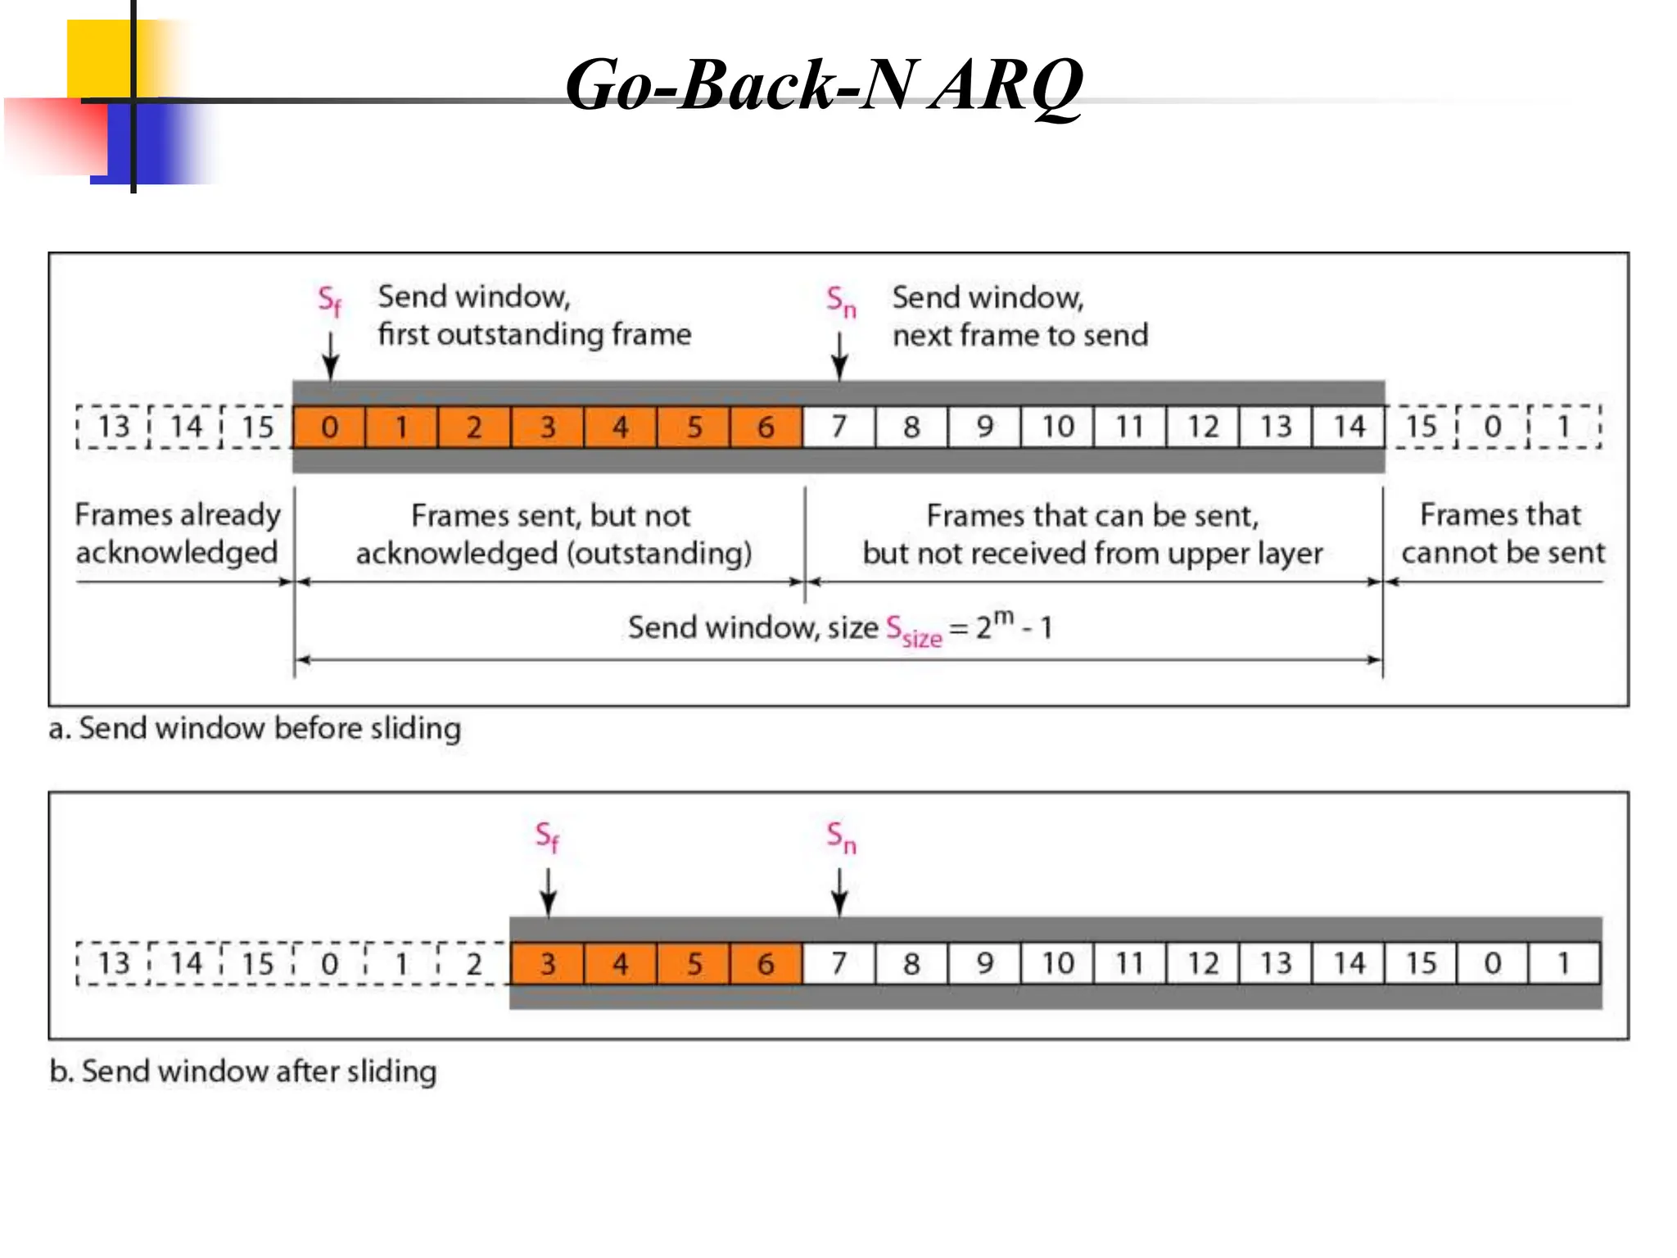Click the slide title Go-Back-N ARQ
[824, 85]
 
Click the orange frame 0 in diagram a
[329, 427]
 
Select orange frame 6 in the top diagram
[766, 427]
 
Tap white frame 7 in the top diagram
[838, 427]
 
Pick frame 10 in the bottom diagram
[1057, 963]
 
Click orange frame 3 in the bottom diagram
[547, 963]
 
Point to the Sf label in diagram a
[329, 301]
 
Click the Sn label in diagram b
[841, 837]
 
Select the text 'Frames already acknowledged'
[177, 533]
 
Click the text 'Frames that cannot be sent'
[1502, 533]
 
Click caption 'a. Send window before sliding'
[255, 728]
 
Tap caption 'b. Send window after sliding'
[243, 1071]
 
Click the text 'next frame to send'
[1019, 335]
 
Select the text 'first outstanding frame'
[534, 334]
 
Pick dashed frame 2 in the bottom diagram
[473, 963]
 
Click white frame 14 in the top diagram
[1348, 427]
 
